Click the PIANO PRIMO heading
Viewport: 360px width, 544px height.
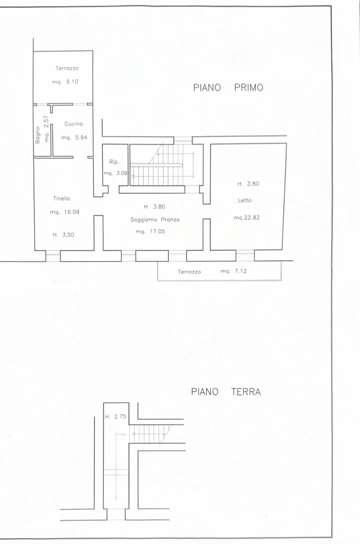click(228, 87)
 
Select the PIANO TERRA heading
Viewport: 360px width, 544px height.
click(226, 392)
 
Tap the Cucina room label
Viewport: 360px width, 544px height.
click(73, 124)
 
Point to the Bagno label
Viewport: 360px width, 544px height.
click(37, 135)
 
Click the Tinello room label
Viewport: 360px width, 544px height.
click(61, 199)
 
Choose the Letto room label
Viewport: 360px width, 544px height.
click(245, 200)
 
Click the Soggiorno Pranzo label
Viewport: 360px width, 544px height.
click(155, 220)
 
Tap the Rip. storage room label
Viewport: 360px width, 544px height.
click(114, 162)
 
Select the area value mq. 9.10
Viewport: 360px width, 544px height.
click(65, 82)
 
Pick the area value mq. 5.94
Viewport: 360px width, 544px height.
click(74, 138)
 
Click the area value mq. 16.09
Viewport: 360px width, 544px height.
click(65, 212)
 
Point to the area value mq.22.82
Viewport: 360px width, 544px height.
click(246, 218)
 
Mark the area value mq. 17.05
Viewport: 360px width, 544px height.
click(150, 232)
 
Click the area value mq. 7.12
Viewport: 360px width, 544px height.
click(233, 271)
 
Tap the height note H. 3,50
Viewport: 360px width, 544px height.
click(63, 235)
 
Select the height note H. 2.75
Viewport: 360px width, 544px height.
click(115, 416)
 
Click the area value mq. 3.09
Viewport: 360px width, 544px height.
click(115, 174)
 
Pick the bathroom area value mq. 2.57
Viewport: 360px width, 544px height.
click(46, 129)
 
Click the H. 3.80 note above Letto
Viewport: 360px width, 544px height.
click(248, 184)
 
